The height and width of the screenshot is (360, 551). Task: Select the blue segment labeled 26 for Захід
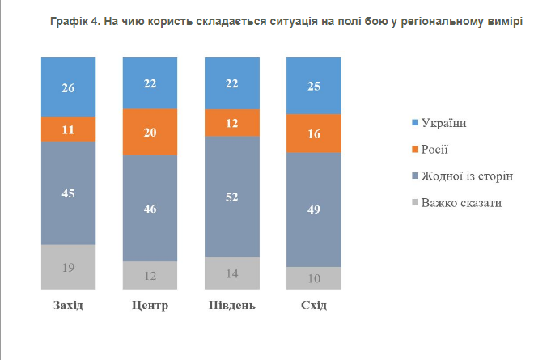pyautogui.click(x=68, y=87)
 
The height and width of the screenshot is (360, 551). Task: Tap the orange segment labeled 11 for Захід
pyautogui.click(x=68, y=129)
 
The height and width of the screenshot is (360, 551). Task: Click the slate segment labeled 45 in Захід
pyautogui.click(x=68, y=193)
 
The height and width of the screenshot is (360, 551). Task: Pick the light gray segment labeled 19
pyautogui.click(x=68, y=267)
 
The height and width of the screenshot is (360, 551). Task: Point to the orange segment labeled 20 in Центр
pyautogui.click(x=150, y=132)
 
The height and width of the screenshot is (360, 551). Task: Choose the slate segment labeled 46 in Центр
pyautogui.click(x=150, y=208)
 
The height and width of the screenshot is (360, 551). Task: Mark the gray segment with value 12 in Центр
pyautogui.click(x=150, y=275)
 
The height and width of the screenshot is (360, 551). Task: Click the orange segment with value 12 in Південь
pyautogui.click(x=231, y=122)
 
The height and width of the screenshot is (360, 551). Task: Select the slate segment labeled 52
pyautogui.click(x=231, y=197)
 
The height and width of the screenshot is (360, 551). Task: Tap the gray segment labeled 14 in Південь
pyautogui.click(x=231, y=273)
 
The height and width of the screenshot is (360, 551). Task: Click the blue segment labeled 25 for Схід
pyautogui.click(x=313, y=86)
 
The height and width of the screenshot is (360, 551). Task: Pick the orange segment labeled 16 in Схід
pyautogui.click(x=313, y=133)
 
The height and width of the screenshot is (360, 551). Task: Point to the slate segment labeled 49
pyautogui.click(x=313, y=210)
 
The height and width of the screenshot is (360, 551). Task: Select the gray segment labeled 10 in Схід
pyautogui.click(x=313, y=278)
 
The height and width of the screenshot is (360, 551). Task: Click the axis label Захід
pyautogui.click(x=68, y=306)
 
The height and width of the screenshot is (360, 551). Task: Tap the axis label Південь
pyautogui.click(x=231, y=306)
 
